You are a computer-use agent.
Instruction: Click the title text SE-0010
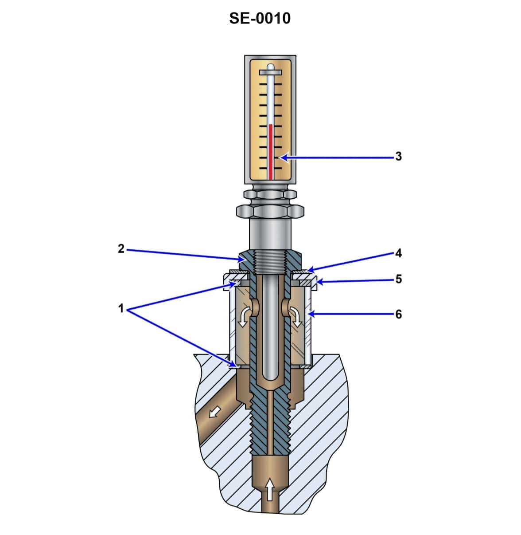pyautogui.click(x=260, y=18)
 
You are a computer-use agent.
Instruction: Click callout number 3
pyautogui.click(x=398, y=156)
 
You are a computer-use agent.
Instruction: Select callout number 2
pyautogui.click(x=121, y=249)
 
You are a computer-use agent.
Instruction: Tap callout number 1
pyautogui.click(x=121, y=308)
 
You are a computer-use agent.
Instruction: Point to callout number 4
pyautogui.click(x=398, y=253)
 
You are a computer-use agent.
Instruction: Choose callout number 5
pyautogui.click(x=398, y=279)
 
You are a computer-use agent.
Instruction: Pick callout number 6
pyautogui.click(x=398, y=314)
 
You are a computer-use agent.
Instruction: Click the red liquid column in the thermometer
pyautogui.click(x=271, y=151)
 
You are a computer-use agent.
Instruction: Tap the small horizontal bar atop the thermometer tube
pyautogui.click(x=270, y=71)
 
